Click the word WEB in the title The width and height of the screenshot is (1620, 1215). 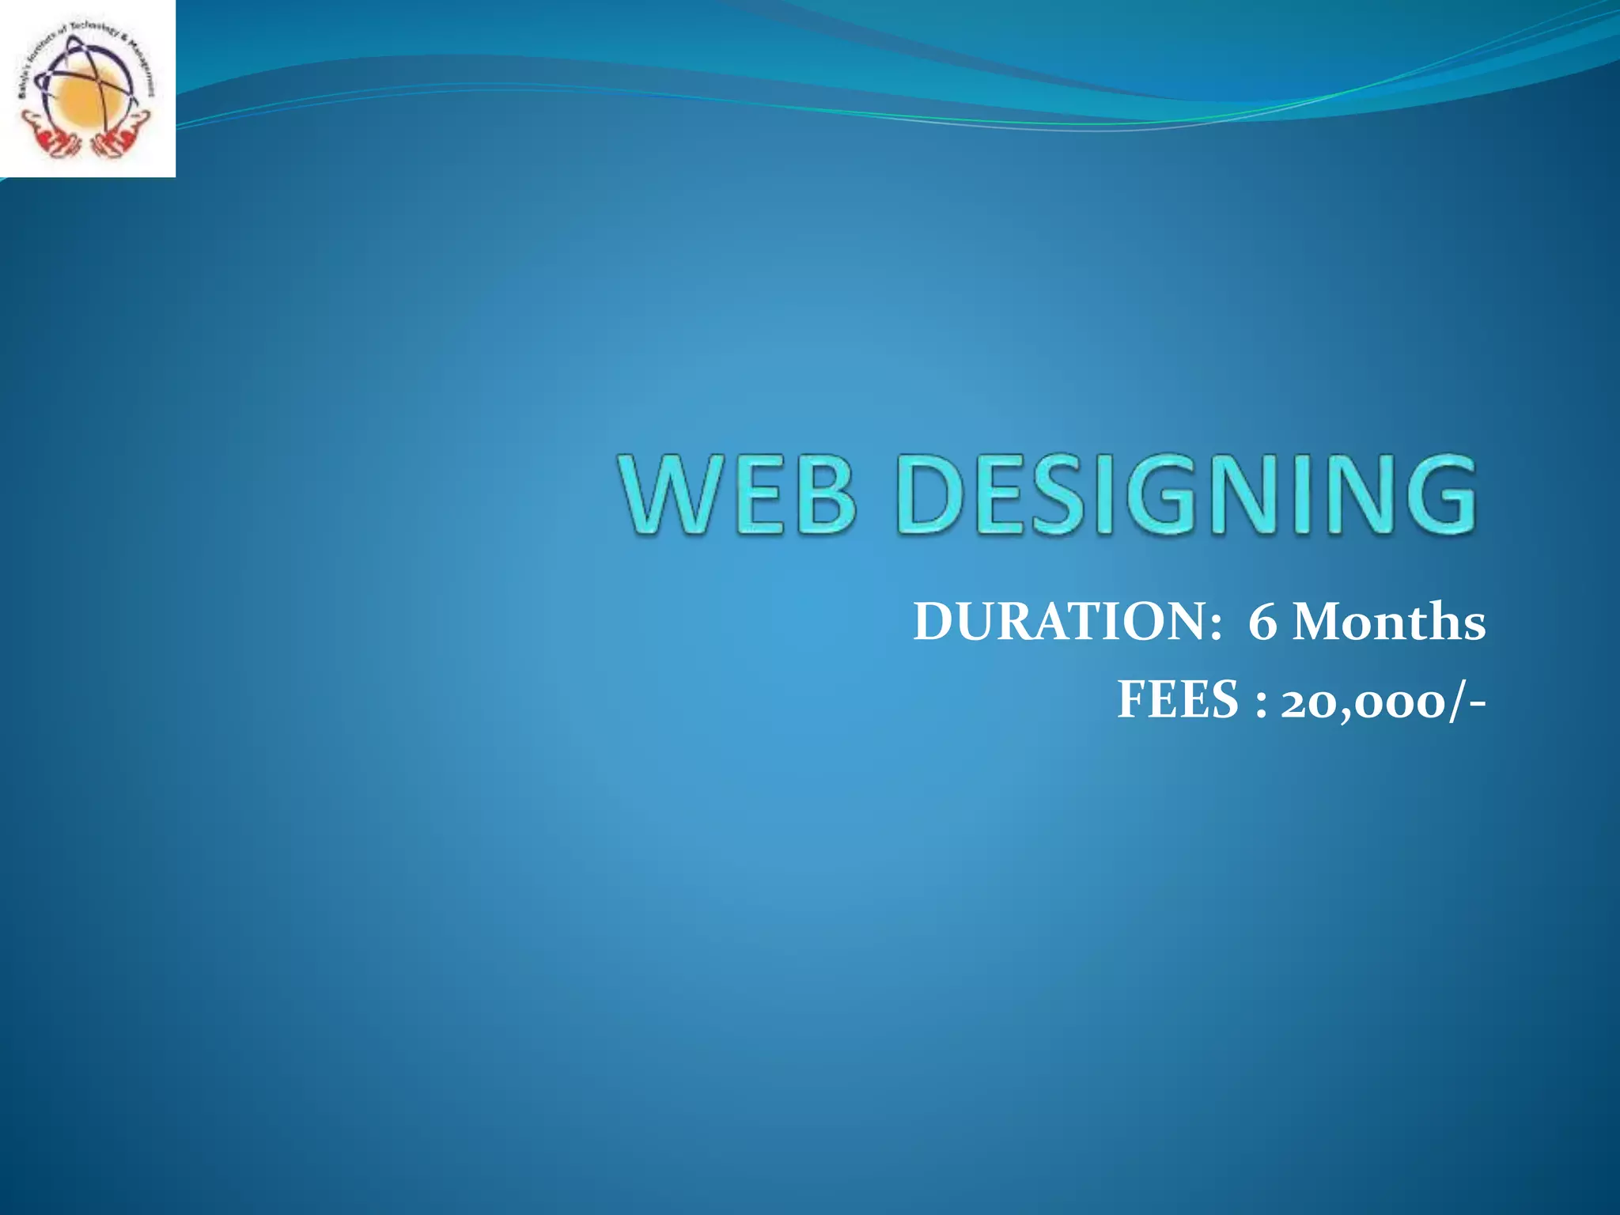point(739,494)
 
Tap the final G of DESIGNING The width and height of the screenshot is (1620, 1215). point(1436,494)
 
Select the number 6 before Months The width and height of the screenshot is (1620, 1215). point(1262,623)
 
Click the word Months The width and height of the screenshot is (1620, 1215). point(1389,622)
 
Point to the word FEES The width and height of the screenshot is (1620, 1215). point(1178,701)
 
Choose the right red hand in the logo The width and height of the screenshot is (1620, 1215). point(119,139)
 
